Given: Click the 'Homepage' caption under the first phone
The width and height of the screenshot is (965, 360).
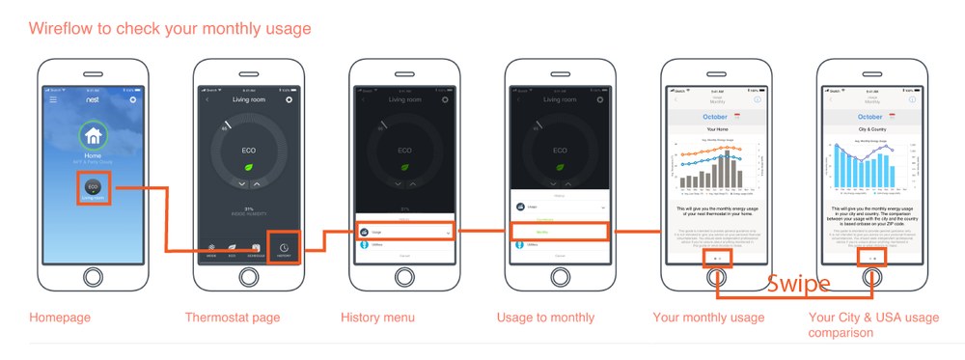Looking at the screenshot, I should pos(60,318).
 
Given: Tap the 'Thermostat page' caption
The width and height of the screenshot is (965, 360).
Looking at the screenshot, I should pos(233,318).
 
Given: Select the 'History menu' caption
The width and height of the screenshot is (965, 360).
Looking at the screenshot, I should pos(377,318).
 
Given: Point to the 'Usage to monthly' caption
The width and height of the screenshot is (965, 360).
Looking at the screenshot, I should pos(545,318).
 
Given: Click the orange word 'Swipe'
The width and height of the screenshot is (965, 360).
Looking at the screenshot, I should pos(798,284).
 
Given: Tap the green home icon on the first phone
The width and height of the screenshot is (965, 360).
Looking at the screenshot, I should pos(93,136).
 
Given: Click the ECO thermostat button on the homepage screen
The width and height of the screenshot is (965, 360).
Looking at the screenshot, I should pos(93,187).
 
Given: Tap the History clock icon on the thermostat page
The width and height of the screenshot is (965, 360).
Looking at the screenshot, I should pos(285,249).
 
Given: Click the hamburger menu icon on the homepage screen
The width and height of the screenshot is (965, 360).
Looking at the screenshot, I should pos(53,99).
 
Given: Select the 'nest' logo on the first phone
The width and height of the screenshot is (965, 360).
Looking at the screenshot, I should pos(93,99).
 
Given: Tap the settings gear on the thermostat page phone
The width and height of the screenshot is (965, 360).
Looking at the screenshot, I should pos(289,99).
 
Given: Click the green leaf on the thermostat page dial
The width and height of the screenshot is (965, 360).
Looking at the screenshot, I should pos(249,167).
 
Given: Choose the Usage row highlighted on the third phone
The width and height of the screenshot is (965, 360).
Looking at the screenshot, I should pos(405,232).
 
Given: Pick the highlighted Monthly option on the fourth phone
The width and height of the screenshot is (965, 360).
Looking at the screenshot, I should pos(561,232).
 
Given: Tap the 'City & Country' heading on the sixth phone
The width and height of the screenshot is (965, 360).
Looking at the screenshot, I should pos(871,128).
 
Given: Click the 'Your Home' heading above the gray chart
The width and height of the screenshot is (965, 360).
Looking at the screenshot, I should pos(716,128).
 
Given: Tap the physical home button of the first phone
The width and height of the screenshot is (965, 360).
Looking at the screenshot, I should pos(93,277).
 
